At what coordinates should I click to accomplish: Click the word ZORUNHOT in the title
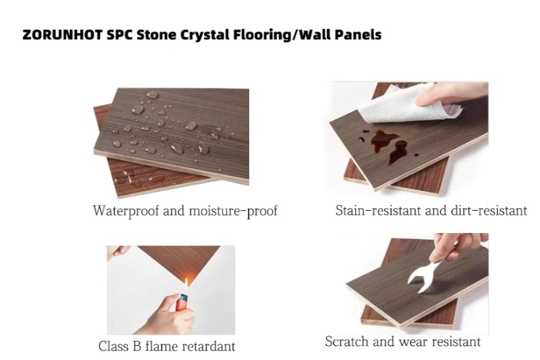point(63,35)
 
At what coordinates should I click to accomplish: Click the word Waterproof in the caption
point(126,211)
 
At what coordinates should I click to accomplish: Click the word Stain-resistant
point(379,210)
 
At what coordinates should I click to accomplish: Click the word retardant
point(209,346)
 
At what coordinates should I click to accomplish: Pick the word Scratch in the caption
point(347,341)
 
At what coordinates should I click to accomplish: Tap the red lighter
point(182,302)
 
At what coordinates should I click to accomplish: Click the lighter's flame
point(186,284)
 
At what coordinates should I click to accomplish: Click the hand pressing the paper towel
point(451,94)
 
